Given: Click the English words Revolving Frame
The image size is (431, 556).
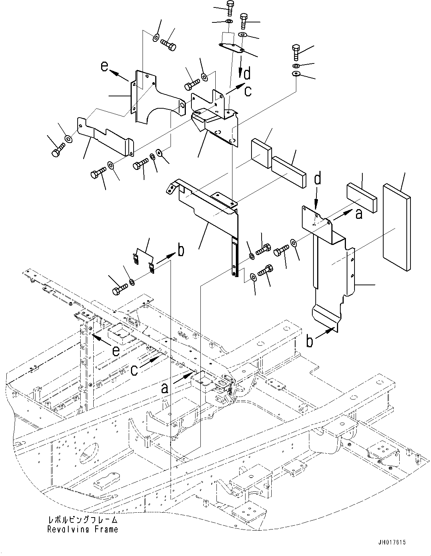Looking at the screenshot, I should pos(82,529).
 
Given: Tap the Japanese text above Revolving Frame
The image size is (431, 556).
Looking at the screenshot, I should pos(82,520).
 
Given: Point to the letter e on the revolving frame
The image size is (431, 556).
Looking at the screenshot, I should pos(116,351).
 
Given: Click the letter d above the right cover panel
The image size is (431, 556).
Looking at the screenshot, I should pos(317,180).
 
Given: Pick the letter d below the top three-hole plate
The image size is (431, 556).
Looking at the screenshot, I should pos(247,74).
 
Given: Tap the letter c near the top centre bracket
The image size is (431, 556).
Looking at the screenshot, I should pos(248,91).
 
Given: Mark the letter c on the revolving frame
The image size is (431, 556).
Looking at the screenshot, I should pos(135,370).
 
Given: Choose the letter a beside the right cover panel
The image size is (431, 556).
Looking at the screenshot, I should pos(359,214).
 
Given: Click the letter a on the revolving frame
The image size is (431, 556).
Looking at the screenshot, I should pos(164,389).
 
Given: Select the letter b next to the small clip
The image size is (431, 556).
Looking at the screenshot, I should pos(181,251).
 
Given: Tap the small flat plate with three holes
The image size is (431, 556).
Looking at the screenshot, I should pos(232,48).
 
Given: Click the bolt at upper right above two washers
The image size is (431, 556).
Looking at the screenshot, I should pos(296,52).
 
